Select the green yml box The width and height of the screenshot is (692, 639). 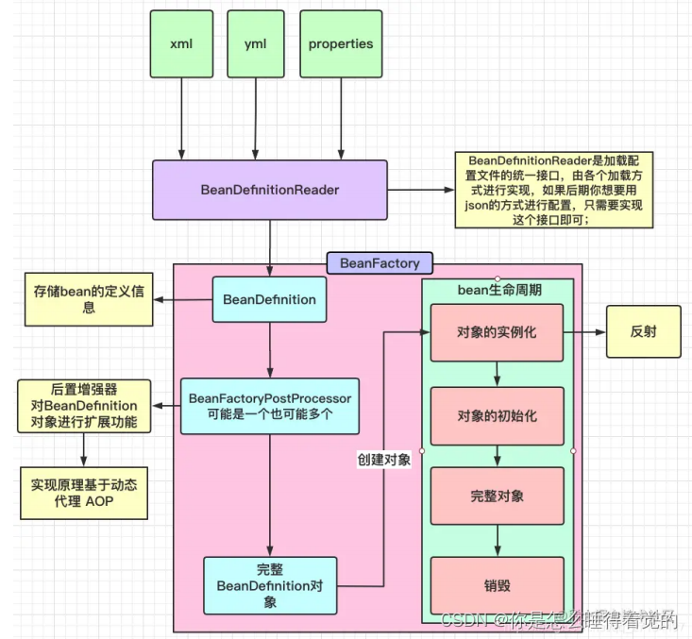(255, 43)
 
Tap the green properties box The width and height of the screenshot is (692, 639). (341, 43)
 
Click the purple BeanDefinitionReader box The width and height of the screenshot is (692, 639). (270, 190)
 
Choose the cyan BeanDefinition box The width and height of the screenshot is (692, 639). (269, 299)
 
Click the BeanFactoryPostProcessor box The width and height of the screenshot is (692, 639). (269, 406)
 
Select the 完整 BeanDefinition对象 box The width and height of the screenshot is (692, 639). (269, 585)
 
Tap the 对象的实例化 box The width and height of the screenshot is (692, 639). (497, 332)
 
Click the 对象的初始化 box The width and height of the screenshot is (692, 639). (497, 415)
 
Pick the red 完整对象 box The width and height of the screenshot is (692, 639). (497, 496)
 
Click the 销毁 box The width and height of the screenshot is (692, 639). (497, 585)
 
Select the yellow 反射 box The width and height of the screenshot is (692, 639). (643, 332)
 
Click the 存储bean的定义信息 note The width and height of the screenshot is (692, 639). (87, 300)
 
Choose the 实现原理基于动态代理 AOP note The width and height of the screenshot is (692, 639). (85, 493)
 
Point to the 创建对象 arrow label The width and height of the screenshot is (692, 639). (383, 459)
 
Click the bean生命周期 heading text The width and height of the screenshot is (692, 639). (497, 291)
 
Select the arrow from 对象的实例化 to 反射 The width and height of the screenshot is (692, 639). (584, 332)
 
